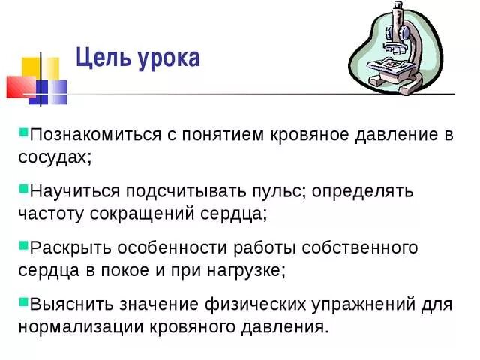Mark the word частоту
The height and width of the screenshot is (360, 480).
(x=50, y=213)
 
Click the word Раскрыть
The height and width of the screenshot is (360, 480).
(x=64, y=247)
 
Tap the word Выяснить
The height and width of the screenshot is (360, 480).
(x=66, y=304)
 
